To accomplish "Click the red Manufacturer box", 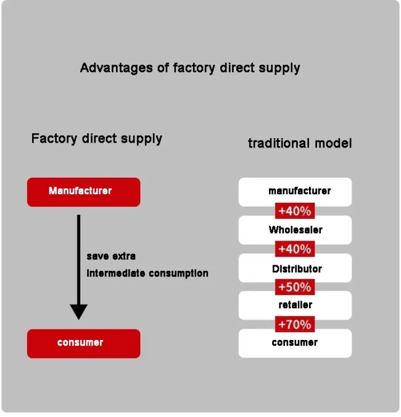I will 83,192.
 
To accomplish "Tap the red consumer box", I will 83,343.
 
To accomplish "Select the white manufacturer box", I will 295,192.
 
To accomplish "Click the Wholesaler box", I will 295,230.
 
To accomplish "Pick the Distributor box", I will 295,268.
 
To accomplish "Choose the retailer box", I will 295,305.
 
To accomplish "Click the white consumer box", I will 295,343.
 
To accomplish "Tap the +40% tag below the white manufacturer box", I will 295,211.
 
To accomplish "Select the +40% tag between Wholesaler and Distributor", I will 295,249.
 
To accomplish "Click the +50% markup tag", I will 295,287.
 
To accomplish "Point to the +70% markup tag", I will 295,324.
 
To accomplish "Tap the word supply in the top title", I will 279,68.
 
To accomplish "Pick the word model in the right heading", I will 333,143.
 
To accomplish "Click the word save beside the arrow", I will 97,256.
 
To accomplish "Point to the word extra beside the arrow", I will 124,256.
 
